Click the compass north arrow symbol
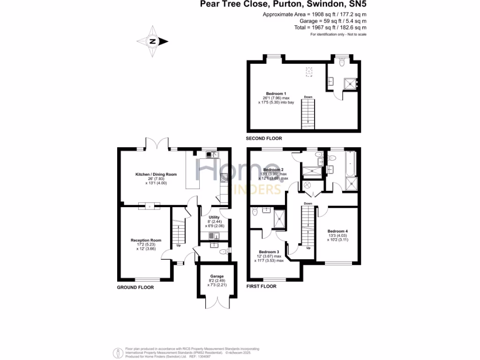pos(153,41)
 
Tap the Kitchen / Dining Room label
pos(156,174)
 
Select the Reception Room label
pos(146,240)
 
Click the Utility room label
pos(214,217)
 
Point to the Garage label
pos(217,277)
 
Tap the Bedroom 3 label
pos(270,252)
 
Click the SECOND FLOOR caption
pos(264,139)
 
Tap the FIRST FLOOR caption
pos(262,286)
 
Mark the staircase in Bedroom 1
pos(308,112)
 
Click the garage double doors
pos(217,303)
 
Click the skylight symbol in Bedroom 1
pos(309,72)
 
